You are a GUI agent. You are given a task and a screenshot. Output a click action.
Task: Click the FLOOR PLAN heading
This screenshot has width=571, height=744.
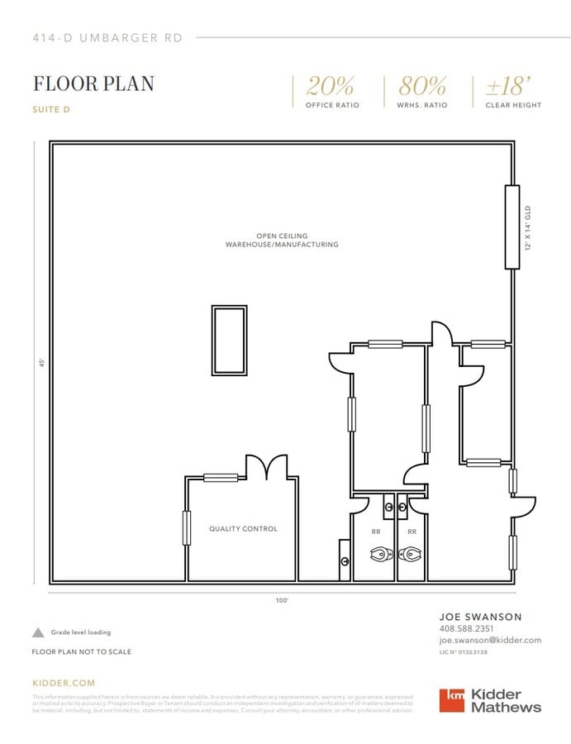point(93,83)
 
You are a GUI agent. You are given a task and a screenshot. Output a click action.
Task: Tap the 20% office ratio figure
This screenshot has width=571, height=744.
point(331,86)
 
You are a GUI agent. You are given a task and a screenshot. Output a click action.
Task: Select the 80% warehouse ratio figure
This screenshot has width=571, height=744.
point(422,86)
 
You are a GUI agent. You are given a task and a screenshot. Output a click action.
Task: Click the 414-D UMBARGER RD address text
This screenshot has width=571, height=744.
point(107,37)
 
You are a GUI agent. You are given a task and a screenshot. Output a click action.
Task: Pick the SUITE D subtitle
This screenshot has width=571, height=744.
point(55,109)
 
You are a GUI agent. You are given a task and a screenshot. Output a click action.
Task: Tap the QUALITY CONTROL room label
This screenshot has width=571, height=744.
point(243,529)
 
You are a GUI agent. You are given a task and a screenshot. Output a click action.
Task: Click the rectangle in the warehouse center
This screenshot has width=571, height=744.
point(229,340)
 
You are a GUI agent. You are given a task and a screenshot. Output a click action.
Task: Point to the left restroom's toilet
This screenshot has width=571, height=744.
point(380,555)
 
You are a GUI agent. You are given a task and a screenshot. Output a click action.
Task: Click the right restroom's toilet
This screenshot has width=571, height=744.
point(412,555)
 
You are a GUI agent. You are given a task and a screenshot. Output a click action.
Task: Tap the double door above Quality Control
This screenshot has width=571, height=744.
point(266,468)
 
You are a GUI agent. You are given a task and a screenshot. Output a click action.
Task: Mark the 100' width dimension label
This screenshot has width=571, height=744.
point(282,601)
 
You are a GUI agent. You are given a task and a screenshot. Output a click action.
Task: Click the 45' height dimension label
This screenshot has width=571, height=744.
point(40,363)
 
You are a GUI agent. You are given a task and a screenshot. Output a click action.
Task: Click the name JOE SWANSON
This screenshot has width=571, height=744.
point(480,617)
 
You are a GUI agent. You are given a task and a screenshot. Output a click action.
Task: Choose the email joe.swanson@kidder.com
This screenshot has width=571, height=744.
point(490,641)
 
